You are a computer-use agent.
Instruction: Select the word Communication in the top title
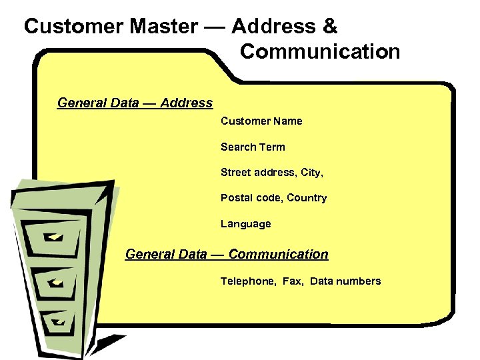click(x=320, y=51)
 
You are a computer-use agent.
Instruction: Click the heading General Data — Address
click(x=135, y=103)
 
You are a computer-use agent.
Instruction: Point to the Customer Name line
click(x=261, y=121)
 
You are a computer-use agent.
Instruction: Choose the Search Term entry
click(x=253, y=147)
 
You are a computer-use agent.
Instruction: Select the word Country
click(x=307, y=198)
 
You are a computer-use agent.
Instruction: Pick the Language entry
click(x=246, y=224)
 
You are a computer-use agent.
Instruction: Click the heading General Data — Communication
click(x=227, y=254)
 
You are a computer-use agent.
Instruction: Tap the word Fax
click(x=292, y=281)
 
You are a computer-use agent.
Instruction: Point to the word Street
click(x=237, y=173)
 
